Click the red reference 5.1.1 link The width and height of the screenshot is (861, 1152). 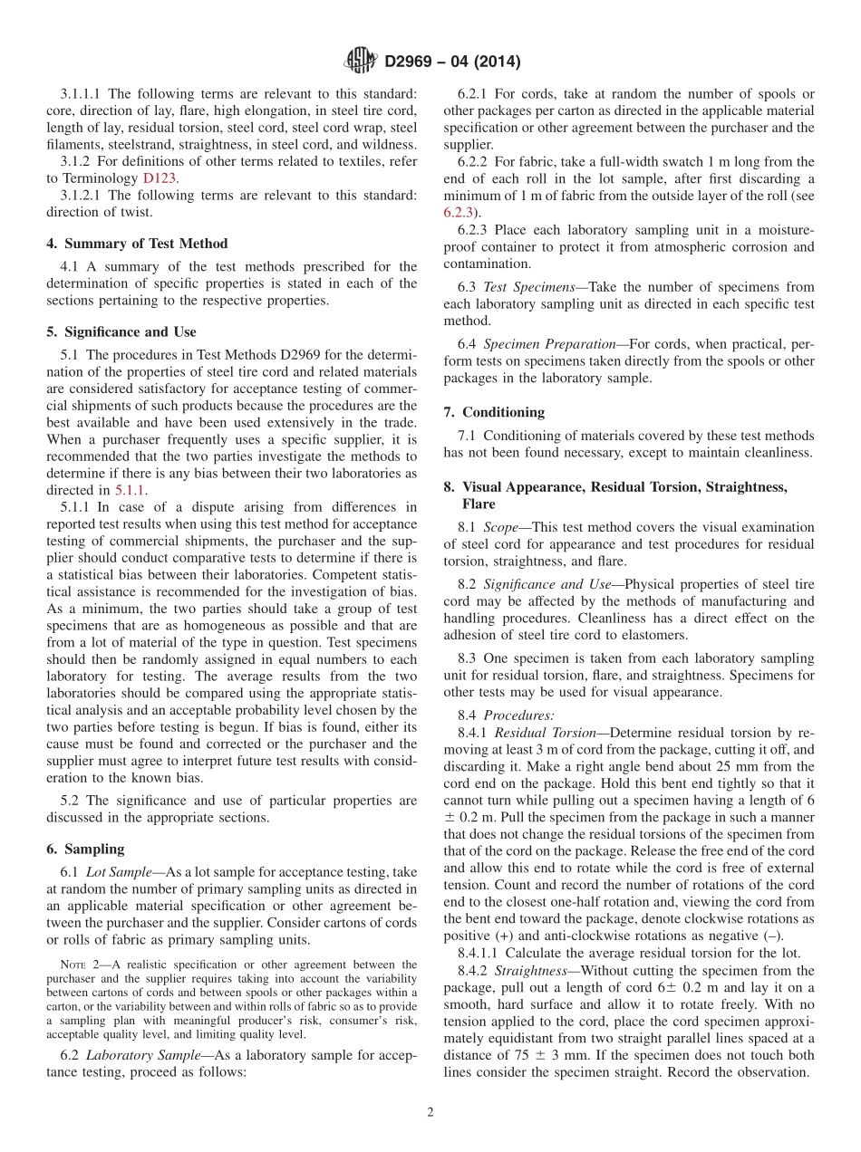click(130, 490)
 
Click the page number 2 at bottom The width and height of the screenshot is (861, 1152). click(430, 1112)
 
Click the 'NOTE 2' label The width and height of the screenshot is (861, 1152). click(75, 965)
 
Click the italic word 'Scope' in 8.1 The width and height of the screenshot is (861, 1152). click(500, 527)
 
